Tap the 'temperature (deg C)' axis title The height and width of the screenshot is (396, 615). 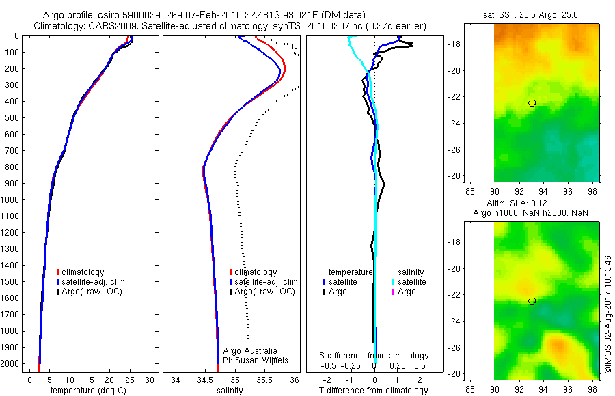click(87, 391)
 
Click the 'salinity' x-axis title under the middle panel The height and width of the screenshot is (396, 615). click(230, 391)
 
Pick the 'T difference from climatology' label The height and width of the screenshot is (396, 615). click(373, 391)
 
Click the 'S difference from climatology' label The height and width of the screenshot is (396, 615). click(374, 356)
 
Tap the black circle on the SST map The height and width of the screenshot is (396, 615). click(532, 103)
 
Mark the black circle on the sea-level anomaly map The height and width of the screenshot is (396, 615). click(532, 301)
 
